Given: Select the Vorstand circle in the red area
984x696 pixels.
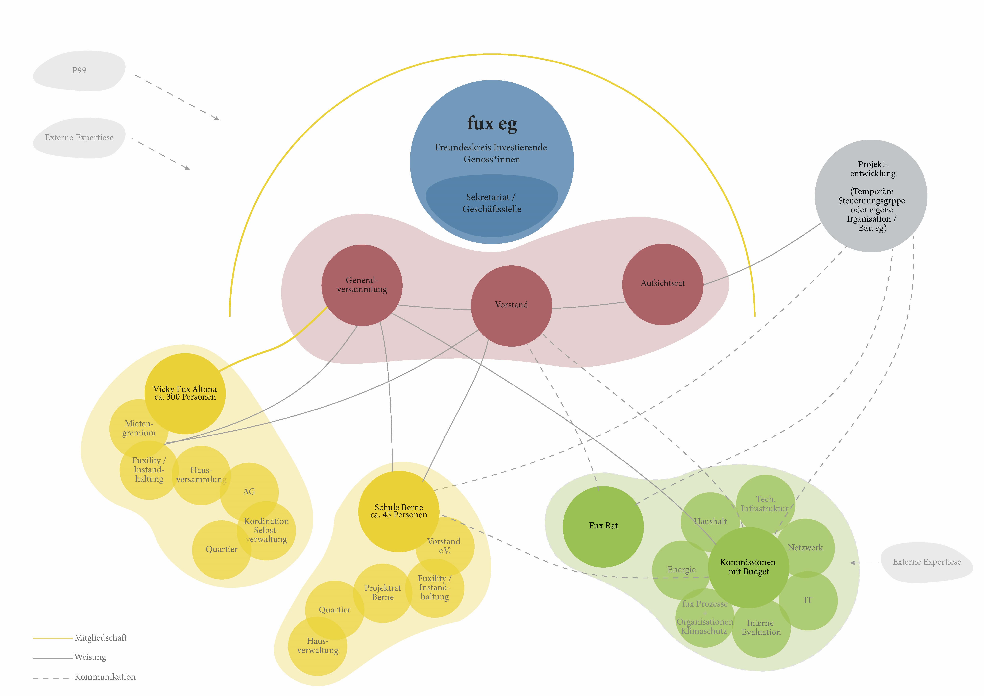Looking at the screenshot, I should (x=511, y=305).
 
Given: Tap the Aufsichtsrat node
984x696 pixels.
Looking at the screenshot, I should (x=662, y=284).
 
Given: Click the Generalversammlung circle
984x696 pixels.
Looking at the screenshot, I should (x=362, y=285).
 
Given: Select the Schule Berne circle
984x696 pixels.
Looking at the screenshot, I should (x=398, y=511).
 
